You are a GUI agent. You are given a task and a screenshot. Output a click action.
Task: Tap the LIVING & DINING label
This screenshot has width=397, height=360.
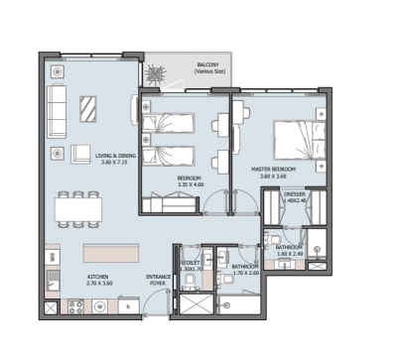click(x=115, y=156)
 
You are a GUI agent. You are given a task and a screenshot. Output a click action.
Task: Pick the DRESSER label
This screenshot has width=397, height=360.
click(x=294, y=194)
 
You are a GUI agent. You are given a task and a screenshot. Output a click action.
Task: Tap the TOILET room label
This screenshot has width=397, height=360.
click(x=191, y=263)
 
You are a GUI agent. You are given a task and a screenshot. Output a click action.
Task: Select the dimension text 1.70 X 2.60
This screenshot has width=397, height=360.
click(x=244, y=272)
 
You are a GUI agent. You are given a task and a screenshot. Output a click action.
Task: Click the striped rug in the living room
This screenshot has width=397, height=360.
click(x=88, y=106)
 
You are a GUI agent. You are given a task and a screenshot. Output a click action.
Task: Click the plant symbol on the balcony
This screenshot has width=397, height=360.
click(x=154, y=75)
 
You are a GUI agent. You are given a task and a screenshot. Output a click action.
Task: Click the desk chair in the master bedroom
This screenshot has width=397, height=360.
click(x=221, y=126)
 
